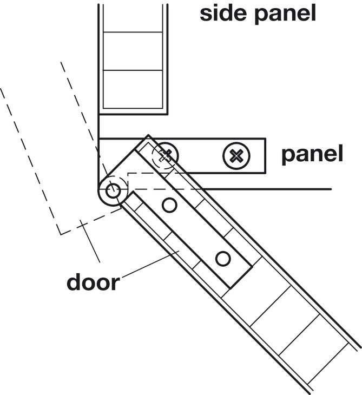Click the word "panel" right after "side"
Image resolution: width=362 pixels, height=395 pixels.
[285, 15]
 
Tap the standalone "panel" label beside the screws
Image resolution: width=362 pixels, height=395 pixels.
[312, 154]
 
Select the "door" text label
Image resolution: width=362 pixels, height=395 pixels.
[93, 282]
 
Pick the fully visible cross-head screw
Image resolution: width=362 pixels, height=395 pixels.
[236, 156]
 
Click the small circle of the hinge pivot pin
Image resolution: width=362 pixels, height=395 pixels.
[113, 190]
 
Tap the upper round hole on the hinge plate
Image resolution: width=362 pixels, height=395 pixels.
[169, 205]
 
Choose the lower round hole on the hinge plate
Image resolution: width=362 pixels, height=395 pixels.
[223, 259]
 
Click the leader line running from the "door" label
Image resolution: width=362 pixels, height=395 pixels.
[150, 264]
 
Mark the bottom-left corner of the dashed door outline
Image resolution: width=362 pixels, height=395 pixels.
[61, 234]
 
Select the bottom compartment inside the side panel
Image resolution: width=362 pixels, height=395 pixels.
[133, 89]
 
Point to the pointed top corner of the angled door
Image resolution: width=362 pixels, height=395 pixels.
[148, 135]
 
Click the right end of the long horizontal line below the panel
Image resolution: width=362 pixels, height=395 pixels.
[331, 189]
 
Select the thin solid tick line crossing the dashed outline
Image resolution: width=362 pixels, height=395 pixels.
[90, 241]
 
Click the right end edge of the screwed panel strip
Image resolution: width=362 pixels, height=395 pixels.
[266, 156]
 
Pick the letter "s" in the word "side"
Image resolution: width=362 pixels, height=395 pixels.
[206, 15]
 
